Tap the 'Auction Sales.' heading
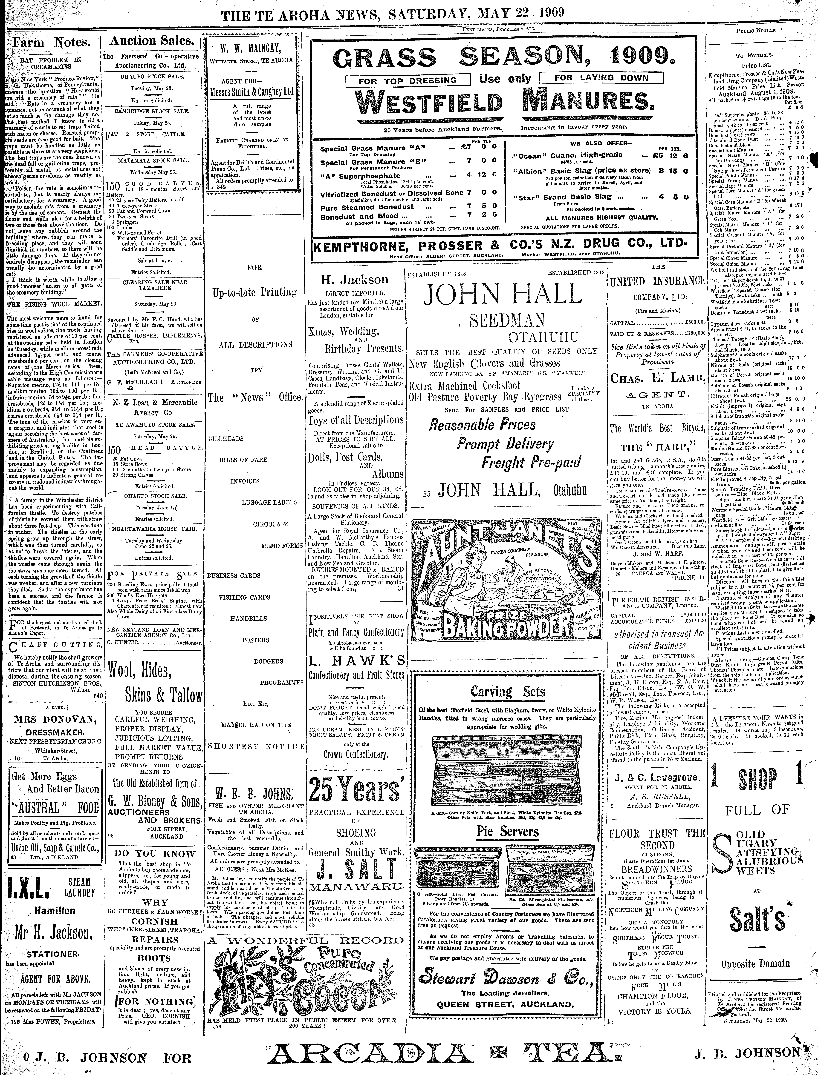click(151, 41)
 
